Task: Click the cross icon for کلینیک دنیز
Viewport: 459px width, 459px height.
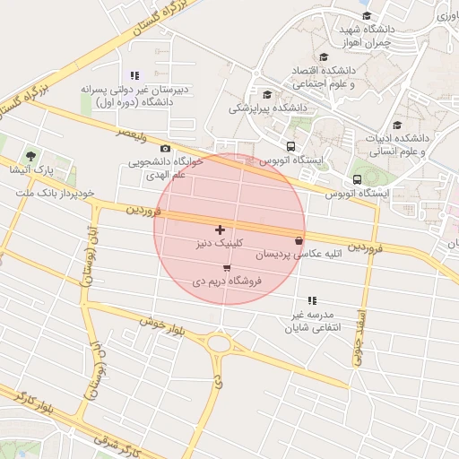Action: click(221, 230)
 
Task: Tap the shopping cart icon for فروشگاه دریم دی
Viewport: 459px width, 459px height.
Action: click(226, 267)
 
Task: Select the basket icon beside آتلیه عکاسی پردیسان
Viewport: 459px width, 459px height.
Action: click(298, 241)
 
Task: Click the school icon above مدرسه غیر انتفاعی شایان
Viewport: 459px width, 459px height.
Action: click(311, 300)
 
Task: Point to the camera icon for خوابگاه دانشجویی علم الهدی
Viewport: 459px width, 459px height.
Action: click(165, 149)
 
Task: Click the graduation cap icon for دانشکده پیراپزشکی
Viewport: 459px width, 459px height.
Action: click(266, 94)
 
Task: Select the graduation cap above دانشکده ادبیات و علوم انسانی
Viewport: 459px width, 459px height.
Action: click(397, 125)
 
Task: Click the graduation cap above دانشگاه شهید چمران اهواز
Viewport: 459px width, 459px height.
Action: click(366, 15)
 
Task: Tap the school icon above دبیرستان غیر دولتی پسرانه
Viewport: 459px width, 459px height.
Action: click(134, 76)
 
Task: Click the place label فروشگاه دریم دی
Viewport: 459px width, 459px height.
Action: click(226, 281)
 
